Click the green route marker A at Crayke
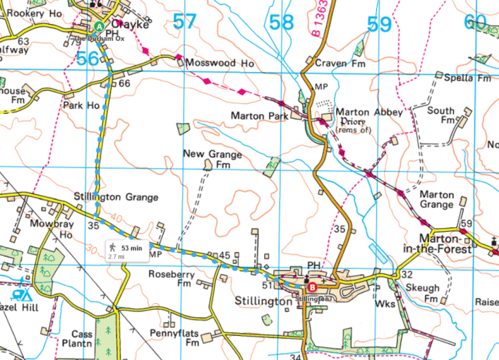pyautogui.click(x=99, y=27)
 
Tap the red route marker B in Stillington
pyautogui.click(x=313, y=287)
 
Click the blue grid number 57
pyautogui.click(x=184, y=21)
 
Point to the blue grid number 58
pyautogui.click(x=281, y=23)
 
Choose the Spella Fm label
pyautogui.click(x=468, y=78)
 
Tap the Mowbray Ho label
pyautogui.click(x=56, y=229)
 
